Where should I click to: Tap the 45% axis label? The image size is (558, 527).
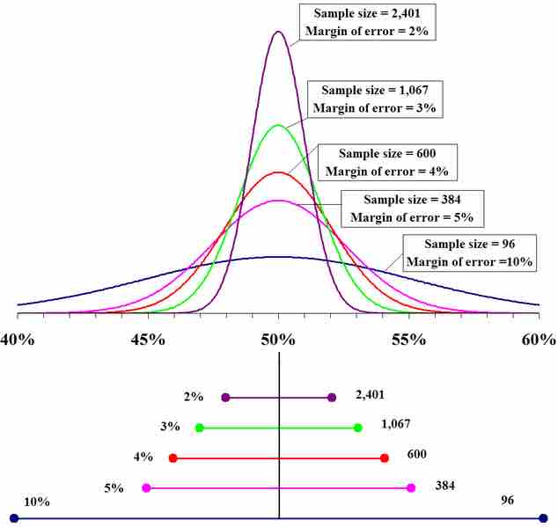click(x=148, y=340)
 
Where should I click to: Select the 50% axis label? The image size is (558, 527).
click(x=279, y=340)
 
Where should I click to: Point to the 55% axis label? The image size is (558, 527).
click(x=409, y=340)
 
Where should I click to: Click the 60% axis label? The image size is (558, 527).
click(x=538, y=340)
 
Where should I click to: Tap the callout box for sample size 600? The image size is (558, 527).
click(x=386, y=161)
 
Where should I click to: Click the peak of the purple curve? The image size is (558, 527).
click(x=279, y=32)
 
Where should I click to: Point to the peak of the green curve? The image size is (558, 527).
click(x=279, y=125)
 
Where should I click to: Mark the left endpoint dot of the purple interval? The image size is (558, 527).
click(x=225, y=398)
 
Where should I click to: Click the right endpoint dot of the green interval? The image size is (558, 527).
click(x=357, y=428)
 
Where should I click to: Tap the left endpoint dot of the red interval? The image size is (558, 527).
click(x=173, y=457)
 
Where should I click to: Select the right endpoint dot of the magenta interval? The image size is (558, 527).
click(x=411, y=487)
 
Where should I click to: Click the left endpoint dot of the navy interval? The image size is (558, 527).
click(x=14, y=518)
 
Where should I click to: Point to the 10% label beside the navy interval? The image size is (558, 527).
click(x=37, y=501)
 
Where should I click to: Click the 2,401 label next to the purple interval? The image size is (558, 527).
click(x=370, y=396)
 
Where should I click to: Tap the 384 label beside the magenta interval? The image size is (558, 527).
click(x=445, y=486)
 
